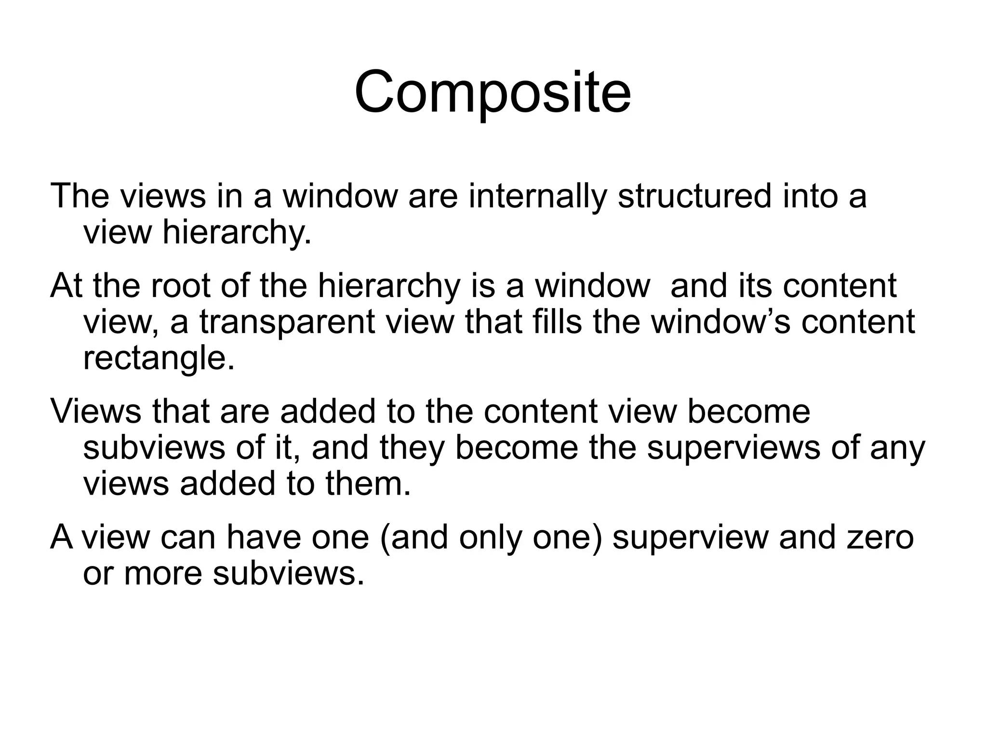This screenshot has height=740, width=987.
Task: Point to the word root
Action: point(180,285)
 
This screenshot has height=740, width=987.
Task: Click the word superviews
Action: point(733,448)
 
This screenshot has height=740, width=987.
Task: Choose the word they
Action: point(412,448)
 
